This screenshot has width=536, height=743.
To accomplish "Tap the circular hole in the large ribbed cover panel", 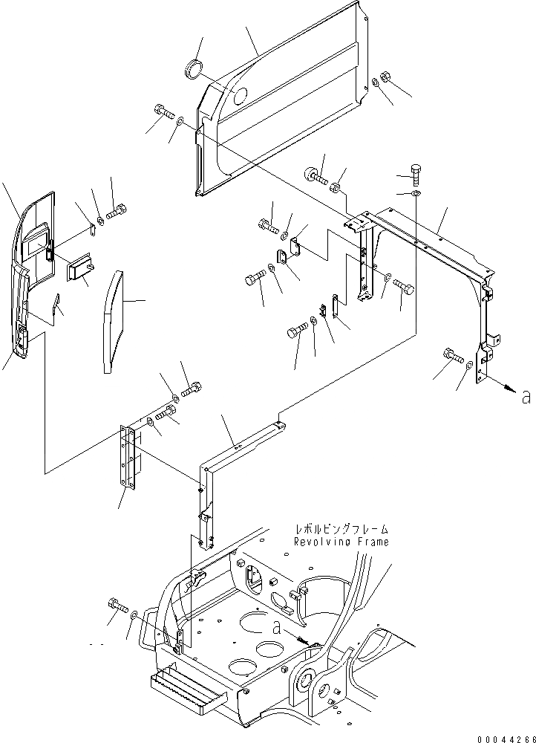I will click(239, 96).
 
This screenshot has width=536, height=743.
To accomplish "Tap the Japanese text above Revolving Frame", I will click(342, 530).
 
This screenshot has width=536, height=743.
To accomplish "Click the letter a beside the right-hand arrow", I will click(526, 397).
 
